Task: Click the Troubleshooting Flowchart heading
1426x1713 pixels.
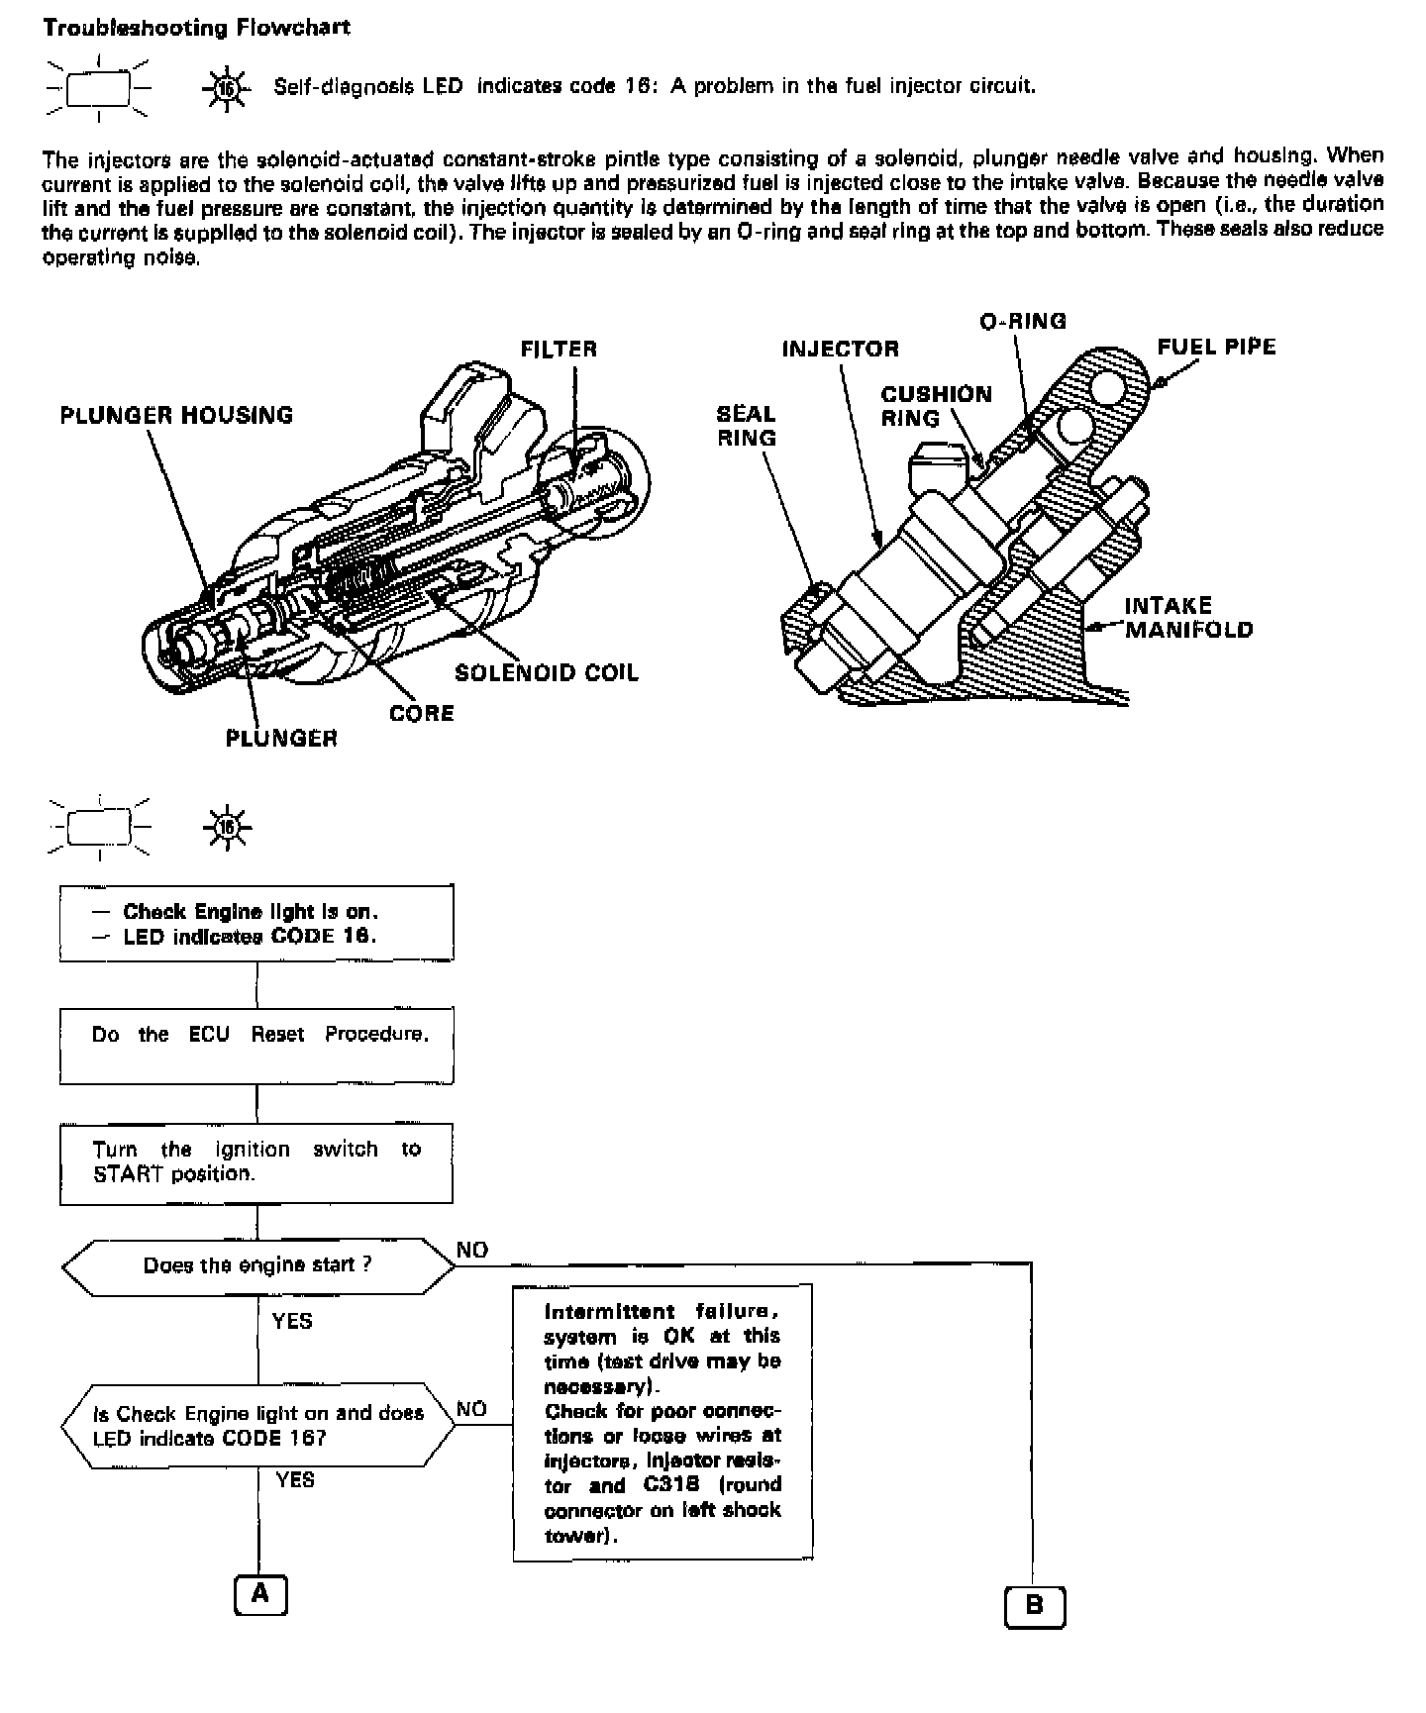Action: pos(196,27)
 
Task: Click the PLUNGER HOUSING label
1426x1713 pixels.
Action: pos(176,415)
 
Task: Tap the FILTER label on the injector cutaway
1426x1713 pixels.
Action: pos(559,349)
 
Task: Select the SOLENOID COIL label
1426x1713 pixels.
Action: pos(547,673)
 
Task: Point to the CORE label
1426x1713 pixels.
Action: pos(422,713)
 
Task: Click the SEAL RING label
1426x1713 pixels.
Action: pos(747,426)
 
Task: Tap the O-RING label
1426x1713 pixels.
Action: pos(1023,321)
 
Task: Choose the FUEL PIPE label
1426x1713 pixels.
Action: pos(1216,347)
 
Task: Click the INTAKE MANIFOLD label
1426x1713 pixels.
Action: pos(1188,617)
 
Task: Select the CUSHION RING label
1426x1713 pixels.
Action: pos(936,406)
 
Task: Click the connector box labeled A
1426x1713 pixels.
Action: pos(260,1593)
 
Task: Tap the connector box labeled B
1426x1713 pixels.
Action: pos(1035,1606)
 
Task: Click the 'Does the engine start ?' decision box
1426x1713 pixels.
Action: pos(257,1265)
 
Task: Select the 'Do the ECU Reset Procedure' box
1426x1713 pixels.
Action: pos(256,1046)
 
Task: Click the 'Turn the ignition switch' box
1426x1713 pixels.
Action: pos(256,1162)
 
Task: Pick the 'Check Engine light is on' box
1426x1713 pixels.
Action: pos(256,923)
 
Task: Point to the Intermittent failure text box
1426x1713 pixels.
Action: pos(662,1422)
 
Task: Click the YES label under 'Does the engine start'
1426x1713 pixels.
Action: pos(292,1321)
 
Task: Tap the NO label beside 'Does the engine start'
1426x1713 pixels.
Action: pos(472,1250)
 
